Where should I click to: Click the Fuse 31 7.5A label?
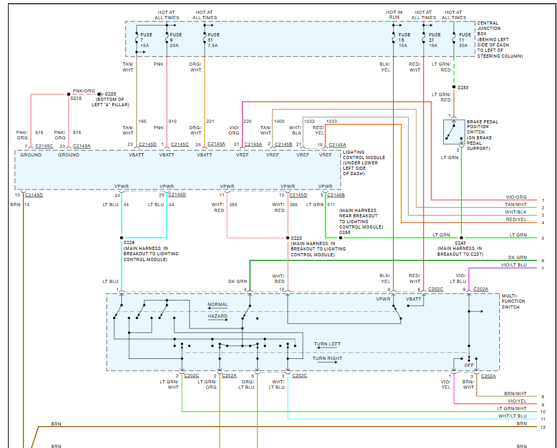(213, 40)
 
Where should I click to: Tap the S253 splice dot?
(453, 87)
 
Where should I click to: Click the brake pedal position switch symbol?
(453, 132)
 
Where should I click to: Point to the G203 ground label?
(110, 94)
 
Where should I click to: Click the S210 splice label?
(76, 99)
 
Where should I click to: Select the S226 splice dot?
(121, 238)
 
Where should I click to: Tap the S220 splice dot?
(287, 238)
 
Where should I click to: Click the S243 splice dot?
(461, 238)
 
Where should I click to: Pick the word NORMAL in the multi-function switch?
(217, 305)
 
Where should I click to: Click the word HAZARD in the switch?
(217, 316)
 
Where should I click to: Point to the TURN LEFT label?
(327, 344)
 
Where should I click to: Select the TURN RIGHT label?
(327, 358)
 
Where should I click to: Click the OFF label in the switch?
(469, 365)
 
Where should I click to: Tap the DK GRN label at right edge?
(517, 258)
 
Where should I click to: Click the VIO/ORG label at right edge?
(516, 198)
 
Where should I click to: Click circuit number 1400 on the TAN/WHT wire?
(279, 122)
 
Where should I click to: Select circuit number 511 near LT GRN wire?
(331, 205)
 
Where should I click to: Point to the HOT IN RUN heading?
(394, 15)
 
